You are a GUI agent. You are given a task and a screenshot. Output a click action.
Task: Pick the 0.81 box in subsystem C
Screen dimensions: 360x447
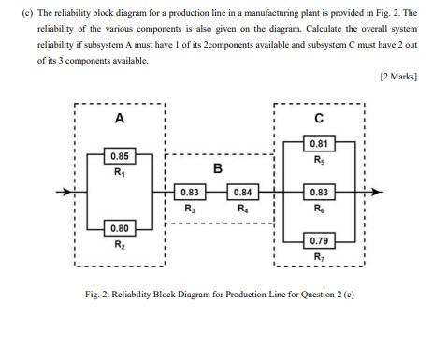pos(319,144)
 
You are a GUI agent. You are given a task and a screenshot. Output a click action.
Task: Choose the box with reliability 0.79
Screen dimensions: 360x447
pos(319,240)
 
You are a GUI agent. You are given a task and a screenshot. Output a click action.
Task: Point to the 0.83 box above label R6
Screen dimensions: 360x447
pos(319,192)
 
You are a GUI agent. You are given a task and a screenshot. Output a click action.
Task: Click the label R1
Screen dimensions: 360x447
pos(119,171)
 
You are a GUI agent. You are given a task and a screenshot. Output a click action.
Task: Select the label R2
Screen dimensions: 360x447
pos(119,244)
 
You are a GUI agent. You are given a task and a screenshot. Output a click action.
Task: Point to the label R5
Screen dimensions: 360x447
pos(319,160)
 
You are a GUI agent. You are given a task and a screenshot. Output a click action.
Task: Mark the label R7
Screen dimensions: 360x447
pos(319,256)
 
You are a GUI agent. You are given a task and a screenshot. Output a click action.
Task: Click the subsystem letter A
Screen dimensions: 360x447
pos(119,119)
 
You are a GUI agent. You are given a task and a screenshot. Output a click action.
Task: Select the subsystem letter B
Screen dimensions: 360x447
pos(217,168)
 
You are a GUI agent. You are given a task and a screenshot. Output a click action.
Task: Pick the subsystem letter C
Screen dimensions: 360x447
pos(320,119)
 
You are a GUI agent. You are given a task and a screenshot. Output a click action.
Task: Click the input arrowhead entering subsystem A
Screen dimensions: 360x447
pos(68,193)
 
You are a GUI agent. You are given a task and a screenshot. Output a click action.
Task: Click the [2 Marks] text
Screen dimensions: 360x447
pos(398,77)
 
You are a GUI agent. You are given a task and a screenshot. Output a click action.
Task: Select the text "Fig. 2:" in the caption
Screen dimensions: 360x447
pos(100,295)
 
